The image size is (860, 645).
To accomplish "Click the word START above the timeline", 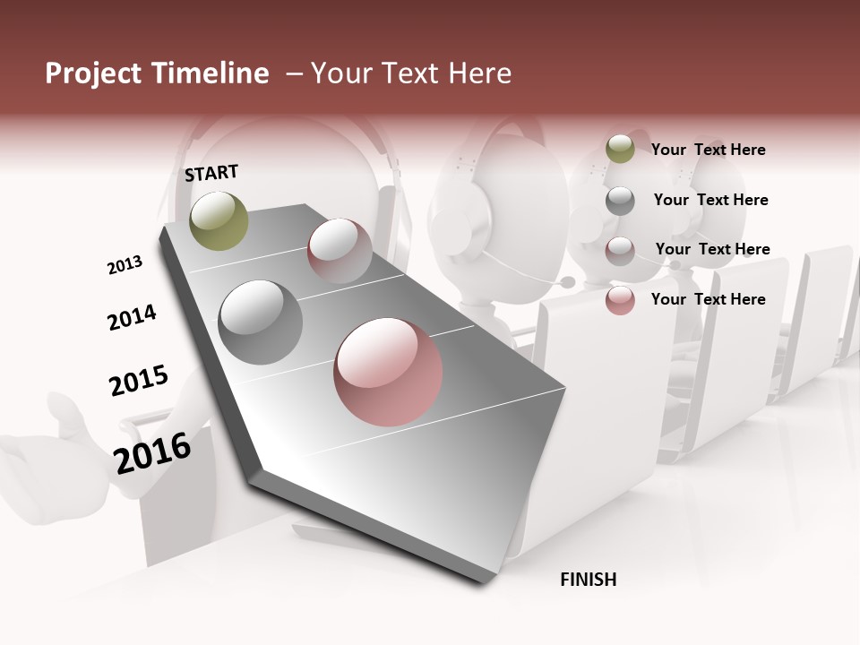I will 211,173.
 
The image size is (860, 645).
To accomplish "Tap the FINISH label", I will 588,580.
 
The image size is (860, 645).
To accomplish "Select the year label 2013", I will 125,265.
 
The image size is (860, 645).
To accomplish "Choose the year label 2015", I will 139,381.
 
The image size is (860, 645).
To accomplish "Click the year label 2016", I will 152,452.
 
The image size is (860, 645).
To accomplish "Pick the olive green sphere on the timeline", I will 219,220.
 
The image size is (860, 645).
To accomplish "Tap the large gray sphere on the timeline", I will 260,322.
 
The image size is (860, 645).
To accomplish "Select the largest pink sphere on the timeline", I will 388,372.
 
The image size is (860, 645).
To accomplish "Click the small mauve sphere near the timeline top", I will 340,250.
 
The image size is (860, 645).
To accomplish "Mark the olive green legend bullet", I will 620,149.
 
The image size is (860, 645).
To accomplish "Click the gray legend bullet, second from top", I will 620,201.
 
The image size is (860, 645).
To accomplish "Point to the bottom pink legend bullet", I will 620,300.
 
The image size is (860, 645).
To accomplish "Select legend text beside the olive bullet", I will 708,150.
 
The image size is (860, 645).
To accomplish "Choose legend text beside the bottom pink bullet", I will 708,299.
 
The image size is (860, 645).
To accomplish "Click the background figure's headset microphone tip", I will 568,282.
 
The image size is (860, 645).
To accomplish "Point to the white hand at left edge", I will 54,443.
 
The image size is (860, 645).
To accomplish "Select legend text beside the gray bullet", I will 710,200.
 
